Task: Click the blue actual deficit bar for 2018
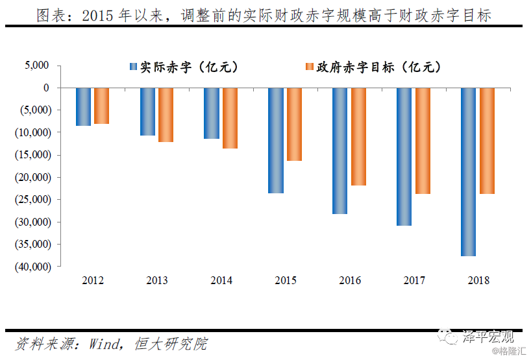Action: tap(468, 172)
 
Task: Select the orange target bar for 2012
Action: tap(102, 106)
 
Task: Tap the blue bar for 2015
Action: tap(276, 140)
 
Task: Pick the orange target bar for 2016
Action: tap(358, 137)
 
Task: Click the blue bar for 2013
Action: tap(147, 112)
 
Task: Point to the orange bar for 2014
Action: tap(230, 118)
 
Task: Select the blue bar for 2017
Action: tap(404, 157)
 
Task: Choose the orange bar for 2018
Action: tap(487, 141)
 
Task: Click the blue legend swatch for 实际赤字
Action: tap(133, 66)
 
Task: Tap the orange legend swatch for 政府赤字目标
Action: tap(310, 66)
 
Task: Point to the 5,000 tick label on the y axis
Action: tap(36, 65)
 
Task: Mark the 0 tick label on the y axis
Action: tap(46, 88)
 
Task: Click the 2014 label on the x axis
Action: tap(221, 280)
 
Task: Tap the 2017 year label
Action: tap(414, 280)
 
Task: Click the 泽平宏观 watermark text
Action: tap(488, 337)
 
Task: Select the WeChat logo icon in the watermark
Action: tap(447, 336)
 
